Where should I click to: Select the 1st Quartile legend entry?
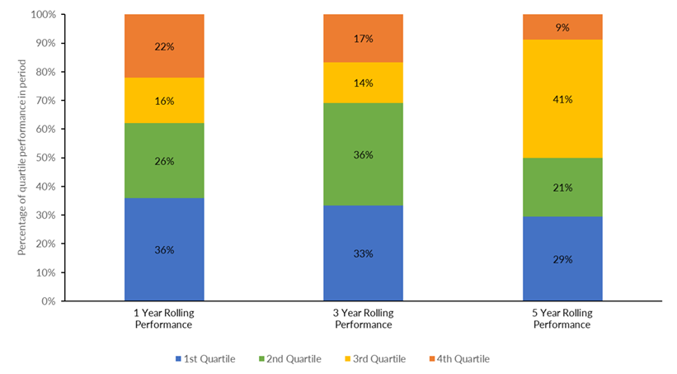click(205, 358)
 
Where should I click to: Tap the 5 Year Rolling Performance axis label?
click(562, 320)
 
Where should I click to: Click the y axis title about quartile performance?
click(22, 158)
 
